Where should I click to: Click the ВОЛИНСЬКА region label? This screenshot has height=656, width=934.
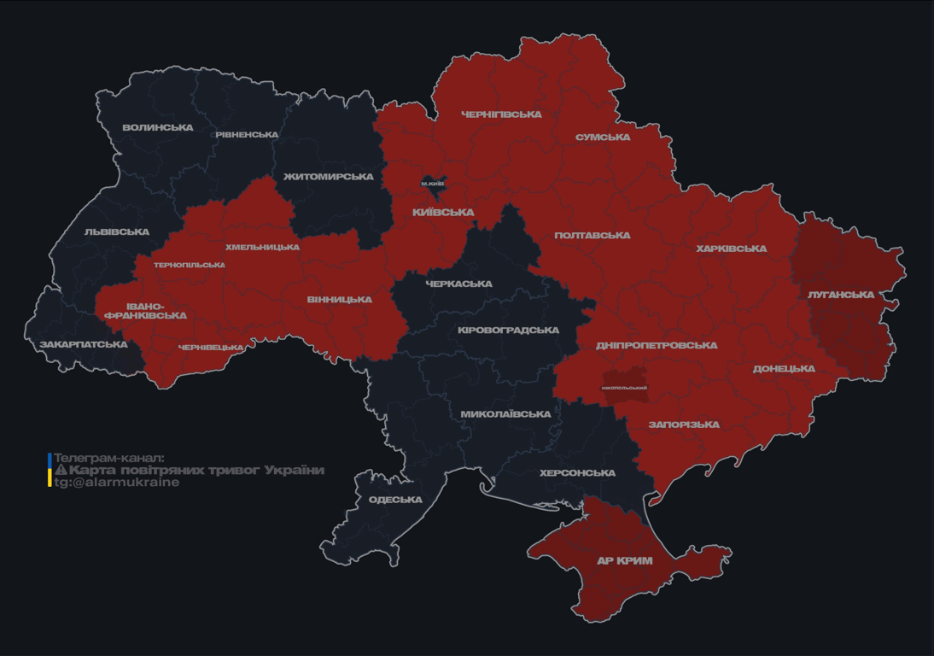(158, 128)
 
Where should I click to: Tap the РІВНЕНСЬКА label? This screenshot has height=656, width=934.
(247, 135)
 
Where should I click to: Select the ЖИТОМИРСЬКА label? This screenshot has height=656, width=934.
(329, 177)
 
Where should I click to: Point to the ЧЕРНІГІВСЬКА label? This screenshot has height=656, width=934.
(501, 114)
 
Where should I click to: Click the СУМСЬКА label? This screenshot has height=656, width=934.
(603, 138)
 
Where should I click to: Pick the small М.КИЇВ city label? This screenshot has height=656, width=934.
(433, 184)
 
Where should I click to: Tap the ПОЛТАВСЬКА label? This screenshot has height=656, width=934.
(593, 236)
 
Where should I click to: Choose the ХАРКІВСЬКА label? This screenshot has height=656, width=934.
(731, 249)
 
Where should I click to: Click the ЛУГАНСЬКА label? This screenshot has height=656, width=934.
(841, 295)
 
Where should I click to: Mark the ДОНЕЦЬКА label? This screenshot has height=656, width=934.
(784, 369)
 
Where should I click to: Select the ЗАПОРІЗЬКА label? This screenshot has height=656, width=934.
(684, 425)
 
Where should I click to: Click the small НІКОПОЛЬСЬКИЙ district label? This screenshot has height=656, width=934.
(624, 388)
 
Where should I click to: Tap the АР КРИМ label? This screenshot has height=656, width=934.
(625, 561)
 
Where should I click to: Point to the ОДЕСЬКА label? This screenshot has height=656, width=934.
(395, 500)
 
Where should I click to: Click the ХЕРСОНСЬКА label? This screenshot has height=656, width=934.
(577, 473)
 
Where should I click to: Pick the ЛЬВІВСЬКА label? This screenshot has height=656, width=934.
(117, 232)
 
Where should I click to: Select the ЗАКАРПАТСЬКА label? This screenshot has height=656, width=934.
(84, 345)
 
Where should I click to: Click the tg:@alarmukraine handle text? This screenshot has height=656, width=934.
(117, 483)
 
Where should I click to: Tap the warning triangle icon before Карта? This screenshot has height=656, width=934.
(61, 470)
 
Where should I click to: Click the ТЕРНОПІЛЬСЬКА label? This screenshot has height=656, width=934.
(190, 265)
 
